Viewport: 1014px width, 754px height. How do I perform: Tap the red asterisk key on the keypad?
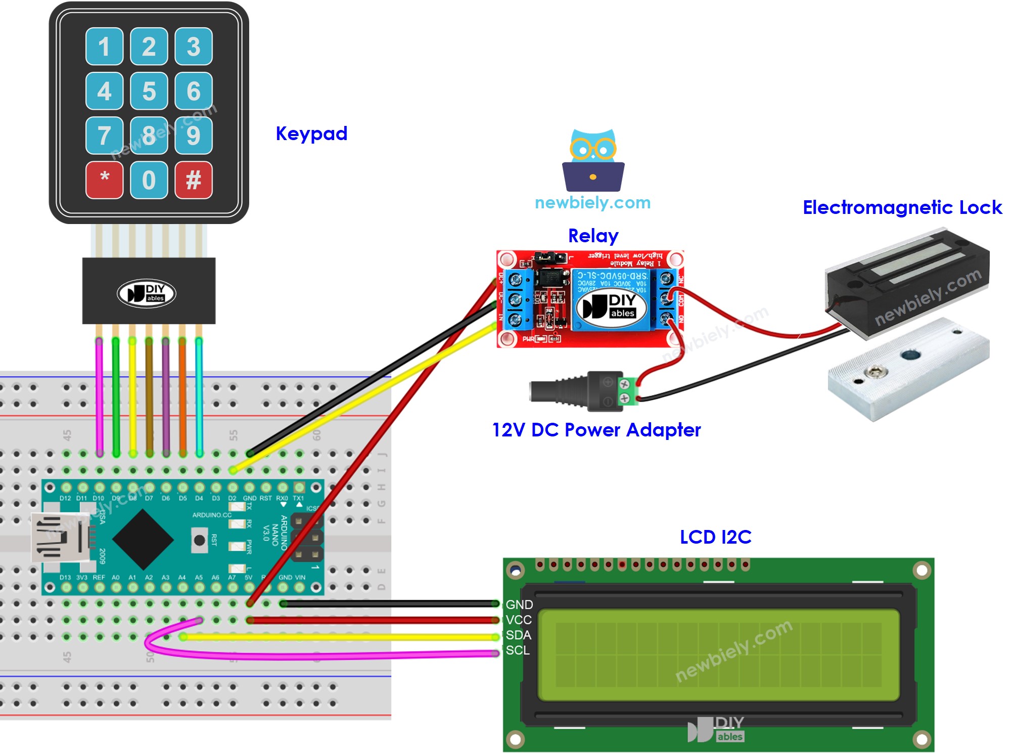tap(104, 180)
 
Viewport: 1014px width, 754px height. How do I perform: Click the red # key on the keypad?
tap(193, 180)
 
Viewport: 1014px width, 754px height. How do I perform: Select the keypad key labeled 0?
tap(149, 180)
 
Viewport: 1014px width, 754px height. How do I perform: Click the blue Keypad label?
tap(311, 134)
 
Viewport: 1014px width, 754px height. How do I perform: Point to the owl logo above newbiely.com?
tap(593, 160)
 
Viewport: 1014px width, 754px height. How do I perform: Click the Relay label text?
tap(593, 236)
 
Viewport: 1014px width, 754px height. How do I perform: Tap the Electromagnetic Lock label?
tap(902, 207)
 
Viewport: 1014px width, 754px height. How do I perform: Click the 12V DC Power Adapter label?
tap(596, 430)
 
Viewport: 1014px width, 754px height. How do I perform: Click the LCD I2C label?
tap(715, 537)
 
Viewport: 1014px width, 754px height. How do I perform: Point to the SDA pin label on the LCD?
tap(518, 635)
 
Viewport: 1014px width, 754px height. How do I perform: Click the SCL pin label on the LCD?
tap(518, 650)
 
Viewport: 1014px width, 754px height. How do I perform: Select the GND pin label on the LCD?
tap(519, 605)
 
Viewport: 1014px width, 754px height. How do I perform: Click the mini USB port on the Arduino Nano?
tap(58, 538)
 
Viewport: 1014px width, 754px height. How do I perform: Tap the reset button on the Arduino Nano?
tap(199, 540)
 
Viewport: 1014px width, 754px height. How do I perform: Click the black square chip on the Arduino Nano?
tap(143, 540)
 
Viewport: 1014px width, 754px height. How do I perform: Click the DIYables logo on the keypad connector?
tap(147, 293)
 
